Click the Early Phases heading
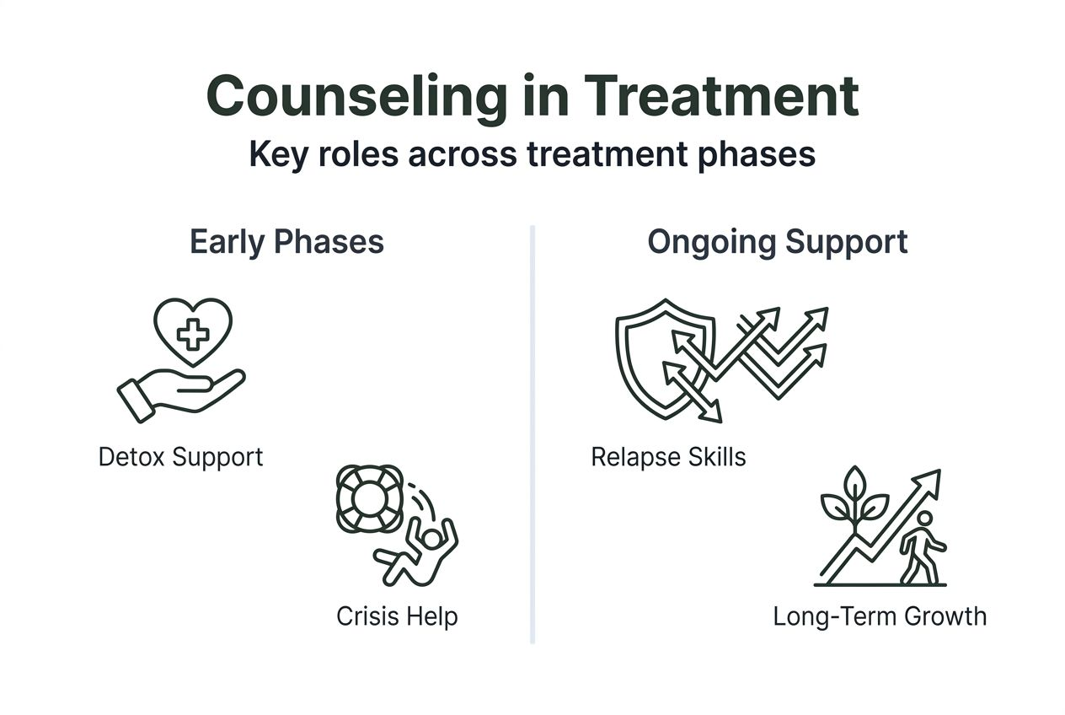286,242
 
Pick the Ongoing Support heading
777,242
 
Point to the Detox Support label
180,457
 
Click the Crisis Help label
396,616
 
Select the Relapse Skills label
668,457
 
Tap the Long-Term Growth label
879,616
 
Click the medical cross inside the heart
193,335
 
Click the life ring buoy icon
368,498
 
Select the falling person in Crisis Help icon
419,549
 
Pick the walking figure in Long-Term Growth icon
921,548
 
